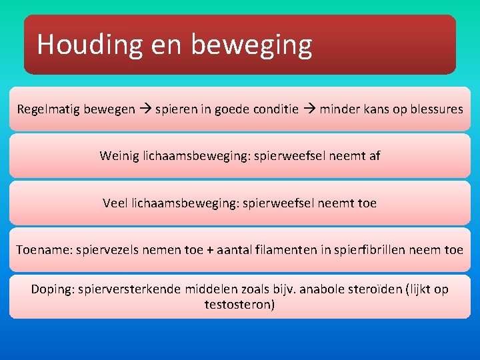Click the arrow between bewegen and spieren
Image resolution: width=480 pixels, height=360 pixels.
[145, 109]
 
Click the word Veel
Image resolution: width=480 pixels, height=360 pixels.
[117, 203]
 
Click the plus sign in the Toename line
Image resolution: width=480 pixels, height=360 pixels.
[211, 250]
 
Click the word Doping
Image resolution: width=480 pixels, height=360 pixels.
[51, 289]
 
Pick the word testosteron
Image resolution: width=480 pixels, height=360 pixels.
[240, 305]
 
